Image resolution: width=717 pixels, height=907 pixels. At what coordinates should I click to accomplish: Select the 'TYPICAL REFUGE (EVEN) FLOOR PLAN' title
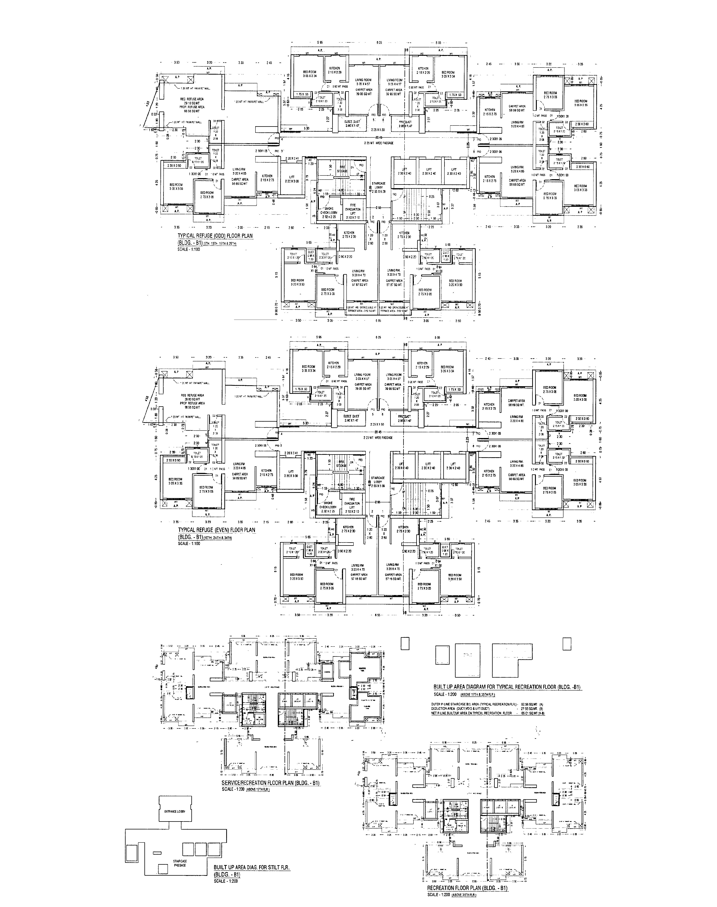(x=217, y=530)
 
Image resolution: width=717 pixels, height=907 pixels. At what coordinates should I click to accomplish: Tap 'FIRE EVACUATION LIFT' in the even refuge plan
(x=352, y=505)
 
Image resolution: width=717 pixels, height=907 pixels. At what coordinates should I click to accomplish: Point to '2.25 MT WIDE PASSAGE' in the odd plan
(x=379, y=143)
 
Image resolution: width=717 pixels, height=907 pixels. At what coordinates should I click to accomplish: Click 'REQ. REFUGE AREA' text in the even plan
(x=193, y=395)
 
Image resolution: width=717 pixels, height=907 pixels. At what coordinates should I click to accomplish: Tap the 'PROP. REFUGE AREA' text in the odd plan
(x=193, y=107)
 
